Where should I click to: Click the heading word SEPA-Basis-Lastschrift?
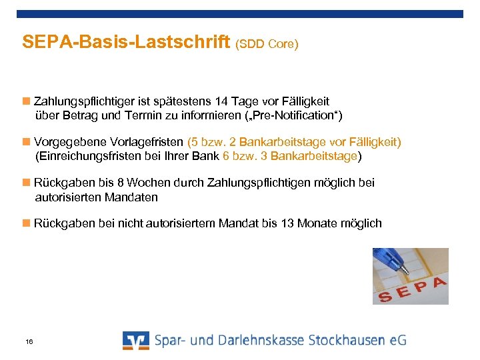point(127,42)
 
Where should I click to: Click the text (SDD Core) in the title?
point(267,45)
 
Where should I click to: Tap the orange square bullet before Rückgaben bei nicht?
point(26,223)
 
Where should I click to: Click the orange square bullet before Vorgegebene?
point(26,141)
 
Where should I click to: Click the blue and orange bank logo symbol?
point(136,340)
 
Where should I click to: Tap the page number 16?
point(29,342)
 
